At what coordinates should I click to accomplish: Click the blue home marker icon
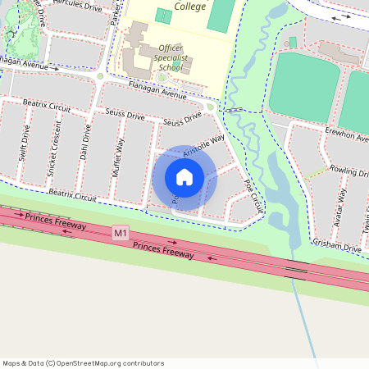click(184, 176)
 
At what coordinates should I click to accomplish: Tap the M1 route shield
click(121, 234)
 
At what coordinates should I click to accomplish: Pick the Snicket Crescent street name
click(54, 153)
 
